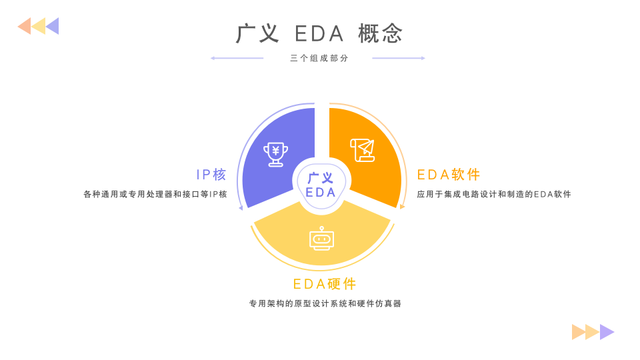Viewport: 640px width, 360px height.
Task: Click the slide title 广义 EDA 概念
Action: point(320,33)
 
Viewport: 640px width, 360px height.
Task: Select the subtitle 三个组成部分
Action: point(319,58)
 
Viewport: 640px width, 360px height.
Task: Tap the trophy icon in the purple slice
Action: point(275,154)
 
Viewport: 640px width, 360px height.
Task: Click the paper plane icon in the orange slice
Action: point(363,150)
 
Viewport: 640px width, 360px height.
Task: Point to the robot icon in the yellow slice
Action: point(321,239)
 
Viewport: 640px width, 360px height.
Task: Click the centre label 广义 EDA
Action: point(321,185)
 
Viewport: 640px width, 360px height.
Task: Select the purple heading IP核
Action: point(211,175)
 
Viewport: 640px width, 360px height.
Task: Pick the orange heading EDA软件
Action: point(449,175)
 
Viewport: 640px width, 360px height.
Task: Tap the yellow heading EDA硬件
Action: point(325,284)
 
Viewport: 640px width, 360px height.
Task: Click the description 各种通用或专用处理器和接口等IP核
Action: point(155,195)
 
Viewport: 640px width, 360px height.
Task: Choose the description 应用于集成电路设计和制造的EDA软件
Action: point(494,195)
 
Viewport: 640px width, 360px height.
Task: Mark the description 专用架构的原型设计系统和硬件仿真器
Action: point(325,304)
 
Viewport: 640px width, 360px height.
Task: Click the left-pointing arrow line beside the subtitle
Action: point(237,58)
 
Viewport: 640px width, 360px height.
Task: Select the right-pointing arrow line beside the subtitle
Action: point(398,58)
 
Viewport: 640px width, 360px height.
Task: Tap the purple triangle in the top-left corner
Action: point(53,26)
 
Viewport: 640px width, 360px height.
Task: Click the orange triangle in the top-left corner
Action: point(25,26)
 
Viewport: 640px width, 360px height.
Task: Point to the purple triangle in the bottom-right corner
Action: point(606,332)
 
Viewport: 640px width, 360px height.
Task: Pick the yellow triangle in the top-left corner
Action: point(39,26)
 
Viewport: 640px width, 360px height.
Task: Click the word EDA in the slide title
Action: point(319,33)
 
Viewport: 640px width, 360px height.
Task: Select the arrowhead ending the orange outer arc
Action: point(402,207)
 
